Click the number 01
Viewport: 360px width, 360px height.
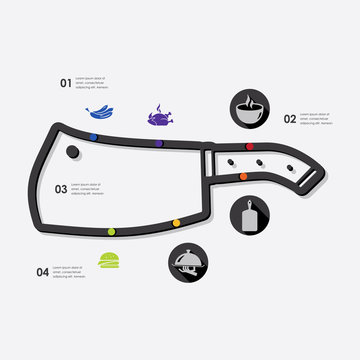pyautogui.click(x=66, y=83)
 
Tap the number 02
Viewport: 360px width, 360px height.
pyautogui.click(x=290, y=119)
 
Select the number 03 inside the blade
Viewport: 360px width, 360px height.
pyautogui.click(x=61, y=188)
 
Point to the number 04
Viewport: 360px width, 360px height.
pyautogui.click(x=42, y=271)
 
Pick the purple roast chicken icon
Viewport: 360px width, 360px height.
pyautogui.click(x=158, y=116)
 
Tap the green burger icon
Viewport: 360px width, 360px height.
pyautogui.click(x=109, y=261)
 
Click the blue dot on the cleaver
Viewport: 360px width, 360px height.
pyautogui.click(x=94, y=135)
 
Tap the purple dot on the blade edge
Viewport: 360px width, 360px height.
pyautogui.click(x=158, y=144)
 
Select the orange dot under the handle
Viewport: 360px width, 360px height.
pyautogui.click(x=244, y=176)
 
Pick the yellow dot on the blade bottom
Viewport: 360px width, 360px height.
pyautogui.click(x=176, y=222)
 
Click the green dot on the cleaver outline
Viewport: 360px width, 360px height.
pyautogui.click(x=111, y=232)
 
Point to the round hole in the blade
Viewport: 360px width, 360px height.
pyautogui.click(x=74, y=152)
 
